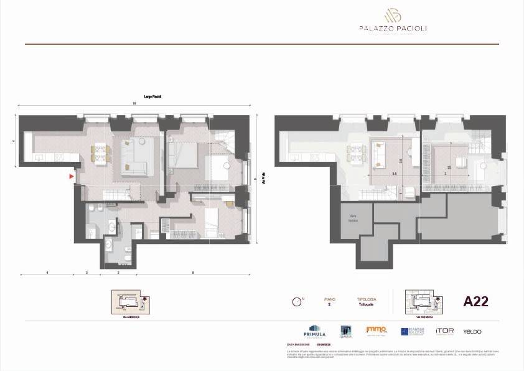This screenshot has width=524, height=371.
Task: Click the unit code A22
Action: tap(476, 302)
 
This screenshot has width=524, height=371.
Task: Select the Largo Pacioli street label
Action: tap(154, 96)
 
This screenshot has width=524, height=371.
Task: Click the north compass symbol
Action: tap(297, 303)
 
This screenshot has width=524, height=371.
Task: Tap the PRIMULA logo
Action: tap(314, 330)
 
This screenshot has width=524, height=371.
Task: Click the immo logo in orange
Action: tap(376, 329)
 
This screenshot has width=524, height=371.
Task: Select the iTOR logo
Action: tap(444, 331)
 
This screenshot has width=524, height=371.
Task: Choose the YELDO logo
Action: tap(472, 331)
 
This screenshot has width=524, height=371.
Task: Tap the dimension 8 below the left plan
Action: tap(193, 272)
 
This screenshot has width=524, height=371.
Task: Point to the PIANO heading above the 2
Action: tap(329, 299)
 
